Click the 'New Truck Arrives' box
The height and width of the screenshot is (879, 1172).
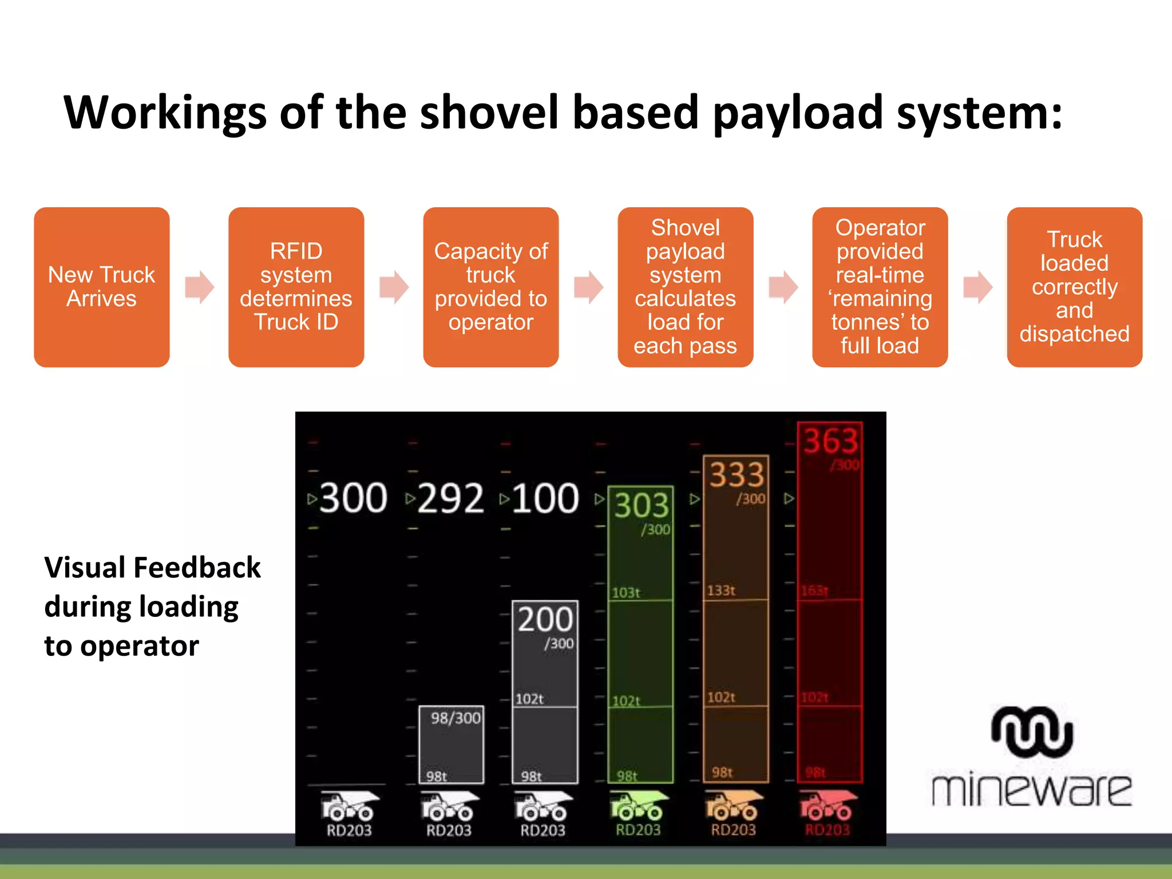click(x=102, y=287)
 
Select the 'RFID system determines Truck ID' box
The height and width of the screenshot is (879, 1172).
click(x=296, y=287)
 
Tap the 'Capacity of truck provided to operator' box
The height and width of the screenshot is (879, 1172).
click(x=490, y=287)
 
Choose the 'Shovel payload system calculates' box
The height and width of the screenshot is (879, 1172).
click(x=685, y=287)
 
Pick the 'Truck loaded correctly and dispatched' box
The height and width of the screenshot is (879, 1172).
click(x=1074, y=287)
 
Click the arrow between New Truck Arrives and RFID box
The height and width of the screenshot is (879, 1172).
click(x=199, y=287)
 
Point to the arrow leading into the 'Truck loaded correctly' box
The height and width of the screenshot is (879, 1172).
click(x=977, y=287)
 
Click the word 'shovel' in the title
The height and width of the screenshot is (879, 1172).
click(x=489, y=113)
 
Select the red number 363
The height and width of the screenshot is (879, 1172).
click(x=830, y=441)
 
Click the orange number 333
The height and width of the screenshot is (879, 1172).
click(x=737, y=474)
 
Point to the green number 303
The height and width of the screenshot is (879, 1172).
click(x=642, y=505)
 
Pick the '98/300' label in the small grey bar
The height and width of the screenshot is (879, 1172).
click(x=456, y=718)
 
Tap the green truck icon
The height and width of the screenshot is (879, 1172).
click(x=638, y=805)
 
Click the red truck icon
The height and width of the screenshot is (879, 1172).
click(x=827, y=805)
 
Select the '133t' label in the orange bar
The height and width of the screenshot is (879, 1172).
click(x=721, y=590)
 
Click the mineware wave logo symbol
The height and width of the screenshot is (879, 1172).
click(x=1032, y=732)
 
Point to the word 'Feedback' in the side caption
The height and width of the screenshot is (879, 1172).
click(x=197, y=568)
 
